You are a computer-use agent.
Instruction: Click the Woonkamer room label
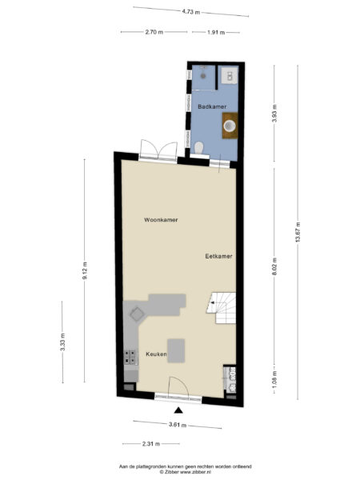(161, 219)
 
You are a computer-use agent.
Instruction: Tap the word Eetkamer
(218, 256)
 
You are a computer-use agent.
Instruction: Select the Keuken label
(156, 353)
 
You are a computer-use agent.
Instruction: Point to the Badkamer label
(210, 105)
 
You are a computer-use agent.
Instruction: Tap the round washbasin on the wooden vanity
(230, 125)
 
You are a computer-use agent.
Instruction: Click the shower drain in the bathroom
(205, 75)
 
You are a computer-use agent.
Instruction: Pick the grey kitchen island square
(175, 350)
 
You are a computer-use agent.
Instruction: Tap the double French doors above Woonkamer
(157, 150)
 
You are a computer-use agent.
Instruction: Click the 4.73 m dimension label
(190, 12)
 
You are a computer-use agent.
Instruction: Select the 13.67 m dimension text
(298, 234)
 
